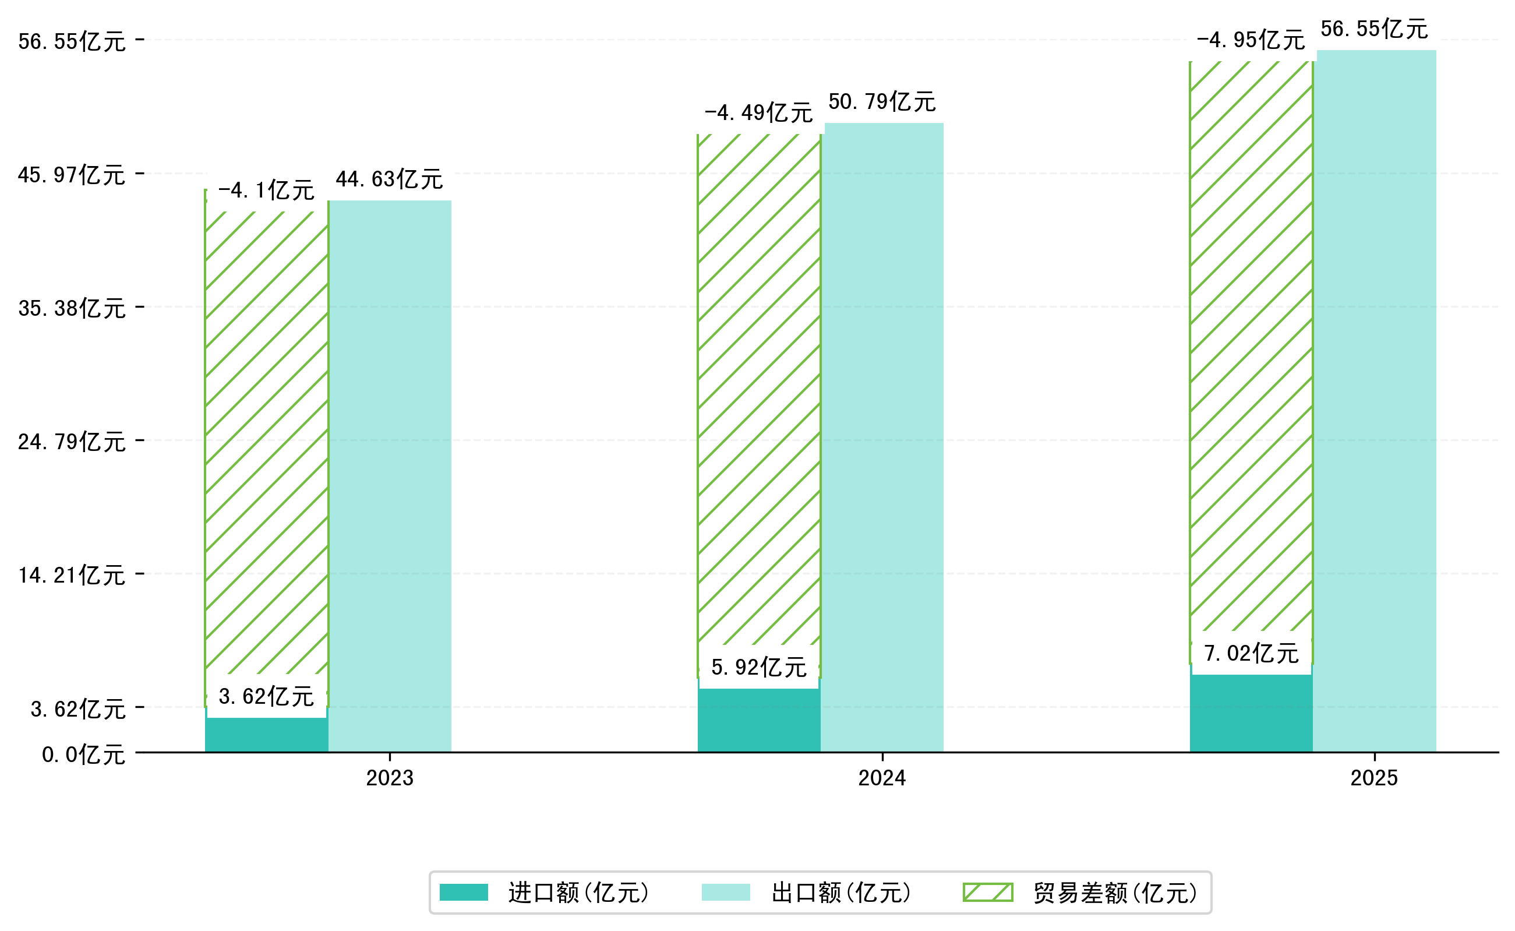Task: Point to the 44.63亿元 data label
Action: [389, 179]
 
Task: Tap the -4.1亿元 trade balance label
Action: [266, 191]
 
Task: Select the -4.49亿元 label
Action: [758, 112]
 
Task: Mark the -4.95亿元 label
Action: [1251, 40]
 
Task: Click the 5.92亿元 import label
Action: [758, 668]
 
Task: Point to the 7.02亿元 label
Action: [1251, 653]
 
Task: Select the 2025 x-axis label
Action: [1374, 778]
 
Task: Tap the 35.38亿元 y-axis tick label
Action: [72, 308]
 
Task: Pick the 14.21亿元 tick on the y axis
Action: [72, 575]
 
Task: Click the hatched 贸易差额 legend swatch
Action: [987, 892]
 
